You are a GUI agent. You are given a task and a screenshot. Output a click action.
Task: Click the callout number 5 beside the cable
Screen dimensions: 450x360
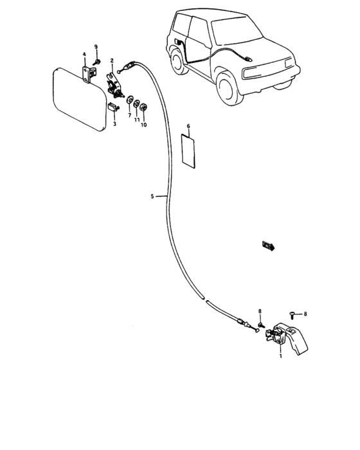click(152, 196)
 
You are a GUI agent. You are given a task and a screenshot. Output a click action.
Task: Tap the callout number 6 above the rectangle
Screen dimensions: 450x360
click(188, 126)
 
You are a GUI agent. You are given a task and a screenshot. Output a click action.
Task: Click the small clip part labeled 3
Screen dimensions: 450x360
click(113, 107)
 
